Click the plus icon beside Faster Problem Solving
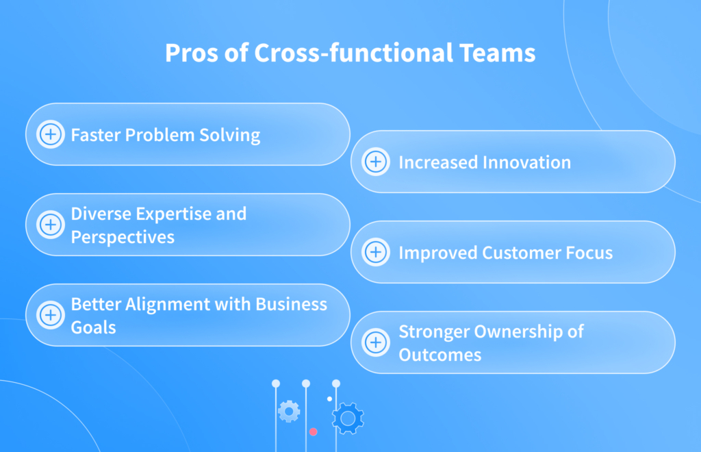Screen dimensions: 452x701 pos(50,134)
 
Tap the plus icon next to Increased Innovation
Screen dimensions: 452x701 pos(375,162)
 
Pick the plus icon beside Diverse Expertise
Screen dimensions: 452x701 pos(50,225)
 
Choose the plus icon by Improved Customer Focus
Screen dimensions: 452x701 pos(375,252)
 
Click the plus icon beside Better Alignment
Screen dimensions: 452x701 pos(50,315)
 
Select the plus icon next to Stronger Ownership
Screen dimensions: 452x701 pos(375,342)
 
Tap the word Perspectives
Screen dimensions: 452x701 pos(123,237)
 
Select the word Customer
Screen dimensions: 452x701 pos(521,253)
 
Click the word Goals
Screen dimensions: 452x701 pos(94,327)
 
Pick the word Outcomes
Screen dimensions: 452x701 pos(439,355)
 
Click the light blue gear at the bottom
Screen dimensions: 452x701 pos(288,411)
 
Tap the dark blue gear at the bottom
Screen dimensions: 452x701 pos(348,418)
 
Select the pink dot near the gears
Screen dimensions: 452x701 pos(313,431)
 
